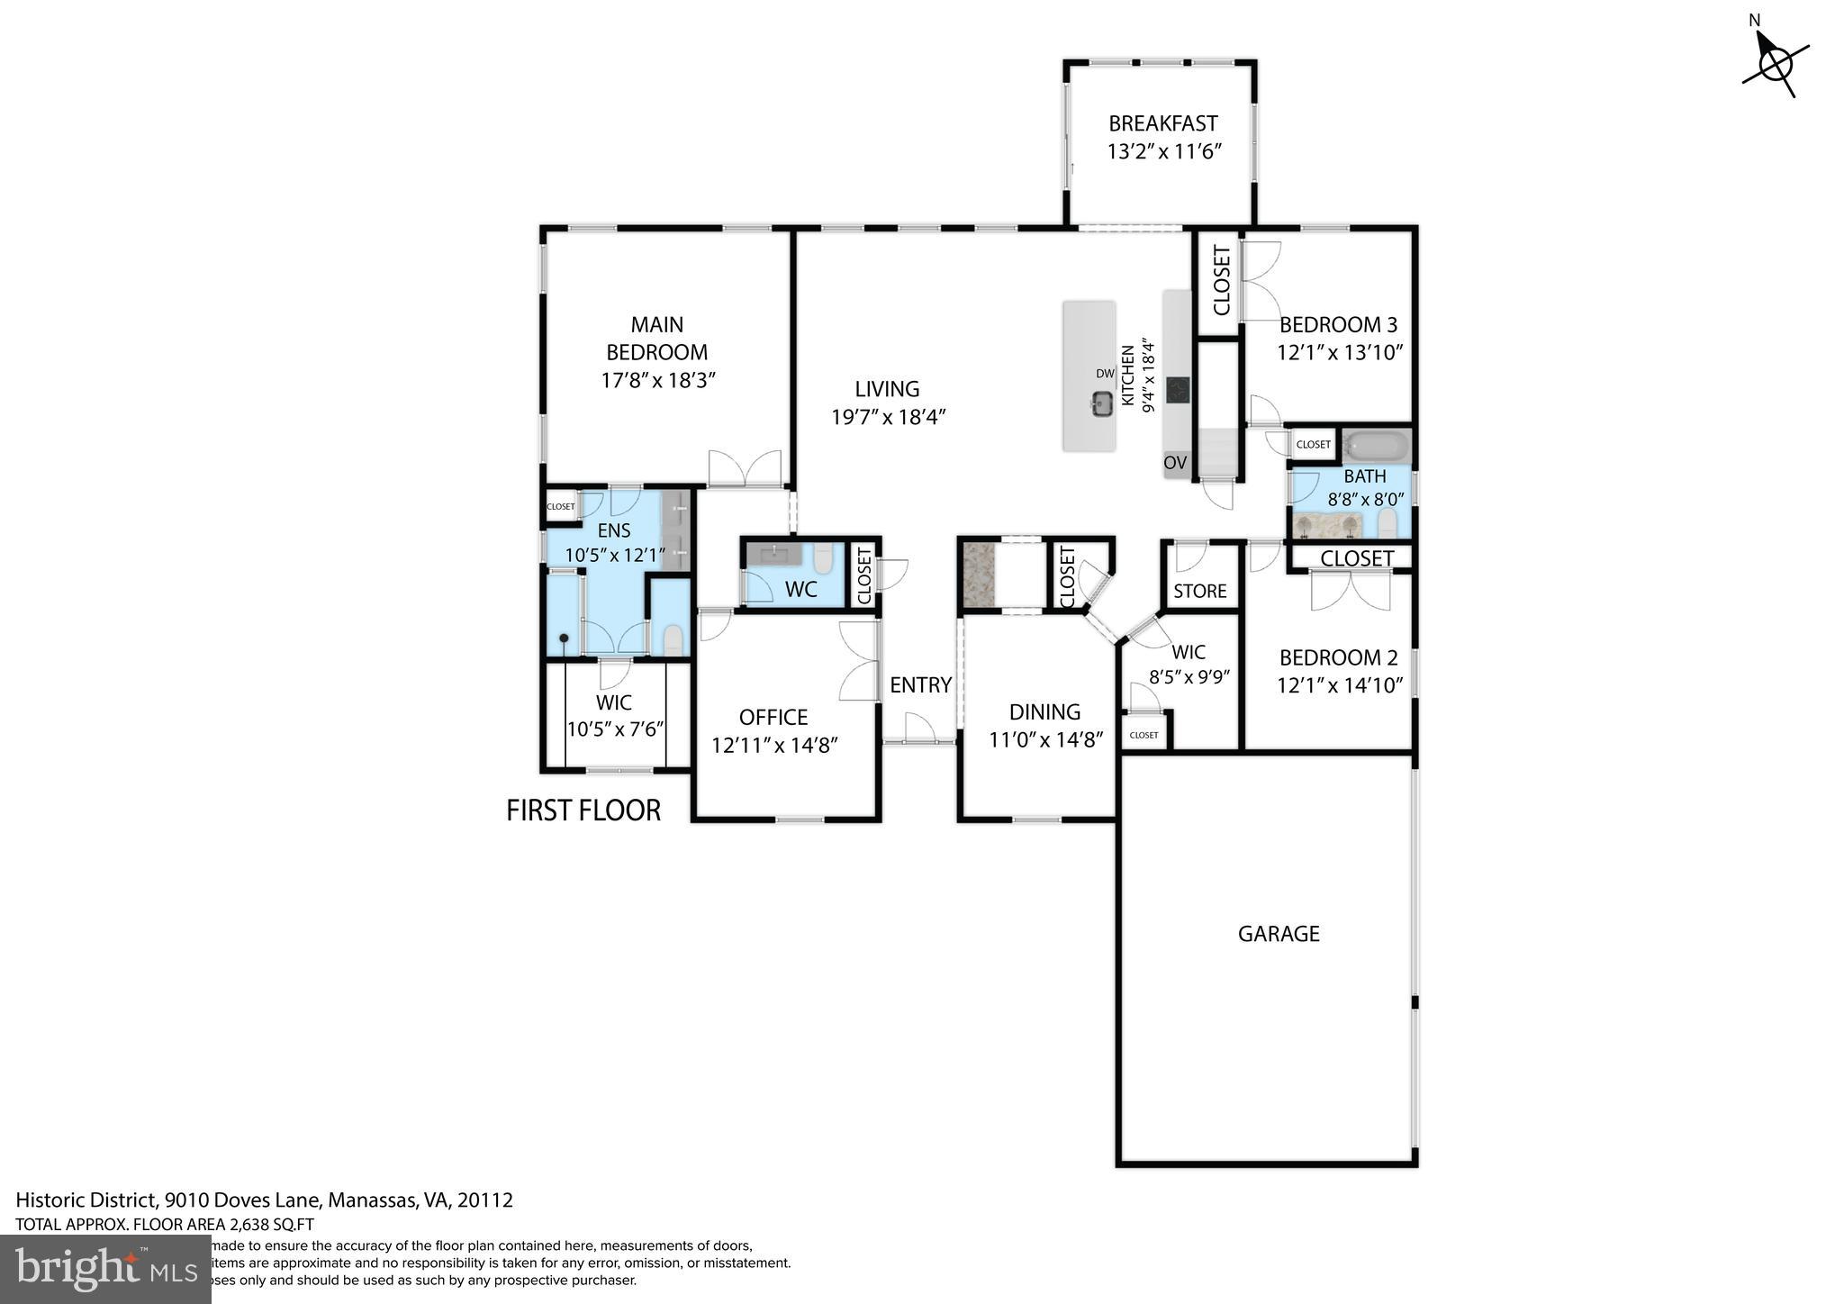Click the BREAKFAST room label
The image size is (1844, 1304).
pos(1162,123)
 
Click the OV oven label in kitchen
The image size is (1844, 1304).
pos(1175,463)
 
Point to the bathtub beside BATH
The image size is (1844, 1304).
pos(1375,445)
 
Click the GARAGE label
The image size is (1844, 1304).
pos(1278,934)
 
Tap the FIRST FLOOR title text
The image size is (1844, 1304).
pos(583,810)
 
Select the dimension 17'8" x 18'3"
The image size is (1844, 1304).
pos(657,380)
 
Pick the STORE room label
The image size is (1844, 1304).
pos(1199,592)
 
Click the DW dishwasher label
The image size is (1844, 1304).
pos(1105,374)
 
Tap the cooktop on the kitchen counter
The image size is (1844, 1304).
pos(1178,390)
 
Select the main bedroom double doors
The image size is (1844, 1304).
pos(745,468)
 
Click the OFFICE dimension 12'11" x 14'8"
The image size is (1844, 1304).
pos(774,746)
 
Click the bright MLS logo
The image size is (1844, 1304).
pos(105,1270)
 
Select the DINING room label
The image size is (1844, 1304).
pos(1044,712)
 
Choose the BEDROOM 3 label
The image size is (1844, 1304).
pos(1339,325)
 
